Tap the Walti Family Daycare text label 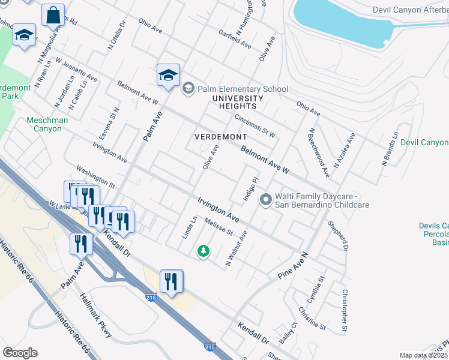(321, 200)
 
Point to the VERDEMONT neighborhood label (221, 137)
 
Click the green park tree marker (203, 251)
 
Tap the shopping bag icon (53, 14)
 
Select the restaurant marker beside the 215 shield (171, 280)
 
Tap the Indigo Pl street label (250, 188)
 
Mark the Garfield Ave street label (235, 38)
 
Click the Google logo (20, 353)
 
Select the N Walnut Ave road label (236, 248)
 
